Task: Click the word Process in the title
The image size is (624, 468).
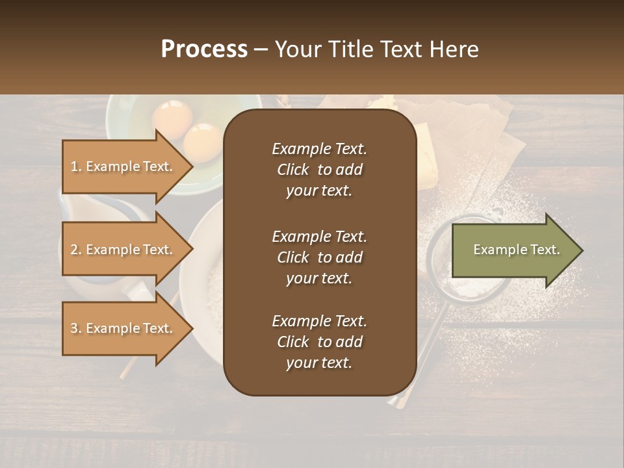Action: click(x=204, y=49)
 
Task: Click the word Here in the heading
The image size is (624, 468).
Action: click(x=453, y=49)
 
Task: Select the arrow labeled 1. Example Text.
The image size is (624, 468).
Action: click(x=123, y=166)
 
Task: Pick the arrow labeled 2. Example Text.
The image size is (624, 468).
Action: click(x=123, y=250)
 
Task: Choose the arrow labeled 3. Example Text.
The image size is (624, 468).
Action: click(x=123, y=328)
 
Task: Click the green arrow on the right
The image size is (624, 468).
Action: click(x=513, y=250)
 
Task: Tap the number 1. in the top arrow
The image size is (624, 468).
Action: click(x=76, y=166)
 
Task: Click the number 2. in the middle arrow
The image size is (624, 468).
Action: click(x=76, y=250)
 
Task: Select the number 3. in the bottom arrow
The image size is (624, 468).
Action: click(x=76, y=328)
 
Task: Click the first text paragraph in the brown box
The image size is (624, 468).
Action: click(x=319, y=170)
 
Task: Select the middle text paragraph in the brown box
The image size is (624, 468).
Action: click(x=319, y=257)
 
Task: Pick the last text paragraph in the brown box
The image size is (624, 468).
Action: click(x=319, y=342)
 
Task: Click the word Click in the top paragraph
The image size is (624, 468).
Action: click(x=292, y=170)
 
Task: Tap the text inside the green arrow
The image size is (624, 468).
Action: click(x=516, y=250)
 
